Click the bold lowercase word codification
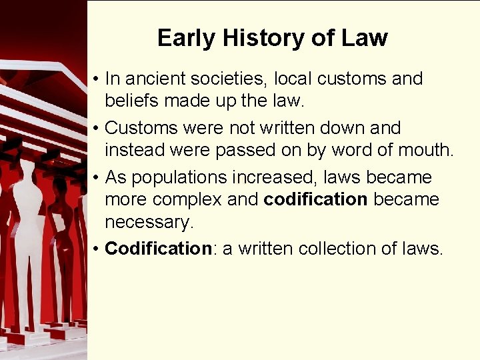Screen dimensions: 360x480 click(x=316, y=200)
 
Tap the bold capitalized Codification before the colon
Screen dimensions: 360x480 click(x=158, y=249)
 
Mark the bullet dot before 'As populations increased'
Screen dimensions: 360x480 click(x=97, y=178)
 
